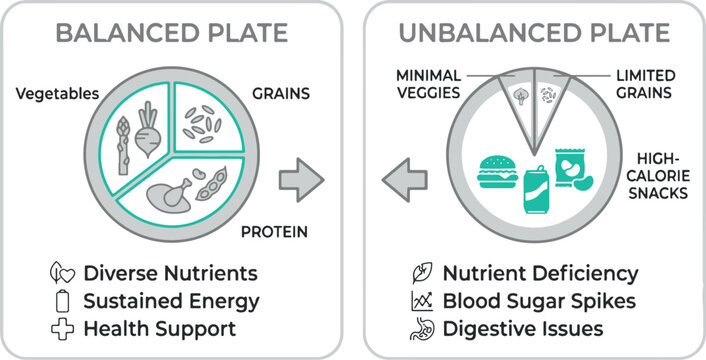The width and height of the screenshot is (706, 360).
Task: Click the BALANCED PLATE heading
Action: tap(171, 32)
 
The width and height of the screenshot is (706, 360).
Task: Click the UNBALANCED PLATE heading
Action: tap(534, 32)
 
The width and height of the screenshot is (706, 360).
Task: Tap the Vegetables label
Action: tap(57, 95)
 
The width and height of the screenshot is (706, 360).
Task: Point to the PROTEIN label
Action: tap(273, 232)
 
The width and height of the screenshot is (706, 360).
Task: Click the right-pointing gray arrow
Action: tap(300, 180)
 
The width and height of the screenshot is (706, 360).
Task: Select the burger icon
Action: tap(496, 172)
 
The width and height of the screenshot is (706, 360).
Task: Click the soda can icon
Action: tap(534, 187)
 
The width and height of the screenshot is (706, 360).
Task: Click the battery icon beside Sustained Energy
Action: tap(62, 300)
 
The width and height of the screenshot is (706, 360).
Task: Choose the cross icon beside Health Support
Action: tap(62, 328)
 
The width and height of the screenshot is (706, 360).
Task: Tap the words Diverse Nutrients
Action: tap(170, 273)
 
